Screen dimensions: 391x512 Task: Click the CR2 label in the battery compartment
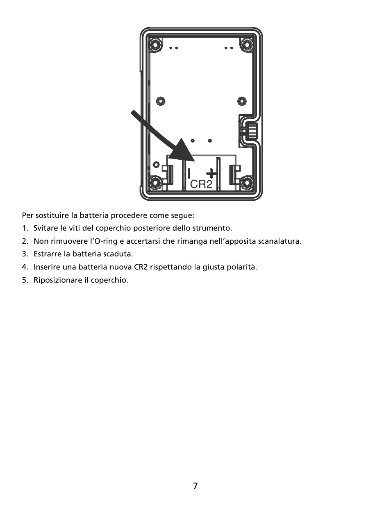point(201,184)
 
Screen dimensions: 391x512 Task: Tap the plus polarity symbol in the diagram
point(211,173)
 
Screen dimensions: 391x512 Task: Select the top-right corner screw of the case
point(247,44)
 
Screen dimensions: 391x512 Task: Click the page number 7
point(195,486)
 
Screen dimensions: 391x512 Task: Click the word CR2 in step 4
point(141,267)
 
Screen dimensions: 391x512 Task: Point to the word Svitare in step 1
point(45,228)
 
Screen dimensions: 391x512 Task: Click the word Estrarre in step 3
point(47,254)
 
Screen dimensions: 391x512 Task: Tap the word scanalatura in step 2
point(280,241)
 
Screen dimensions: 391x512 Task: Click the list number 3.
point(25,254)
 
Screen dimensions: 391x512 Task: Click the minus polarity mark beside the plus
point(189,173)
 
